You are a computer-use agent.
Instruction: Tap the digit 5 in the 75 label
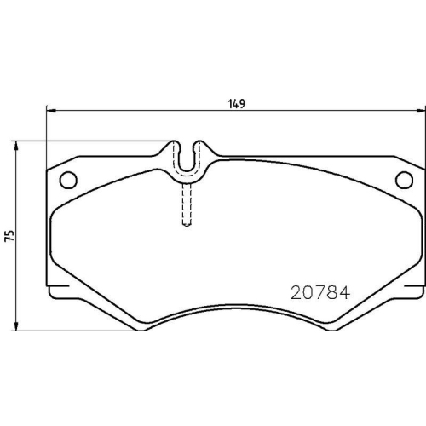10,232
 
